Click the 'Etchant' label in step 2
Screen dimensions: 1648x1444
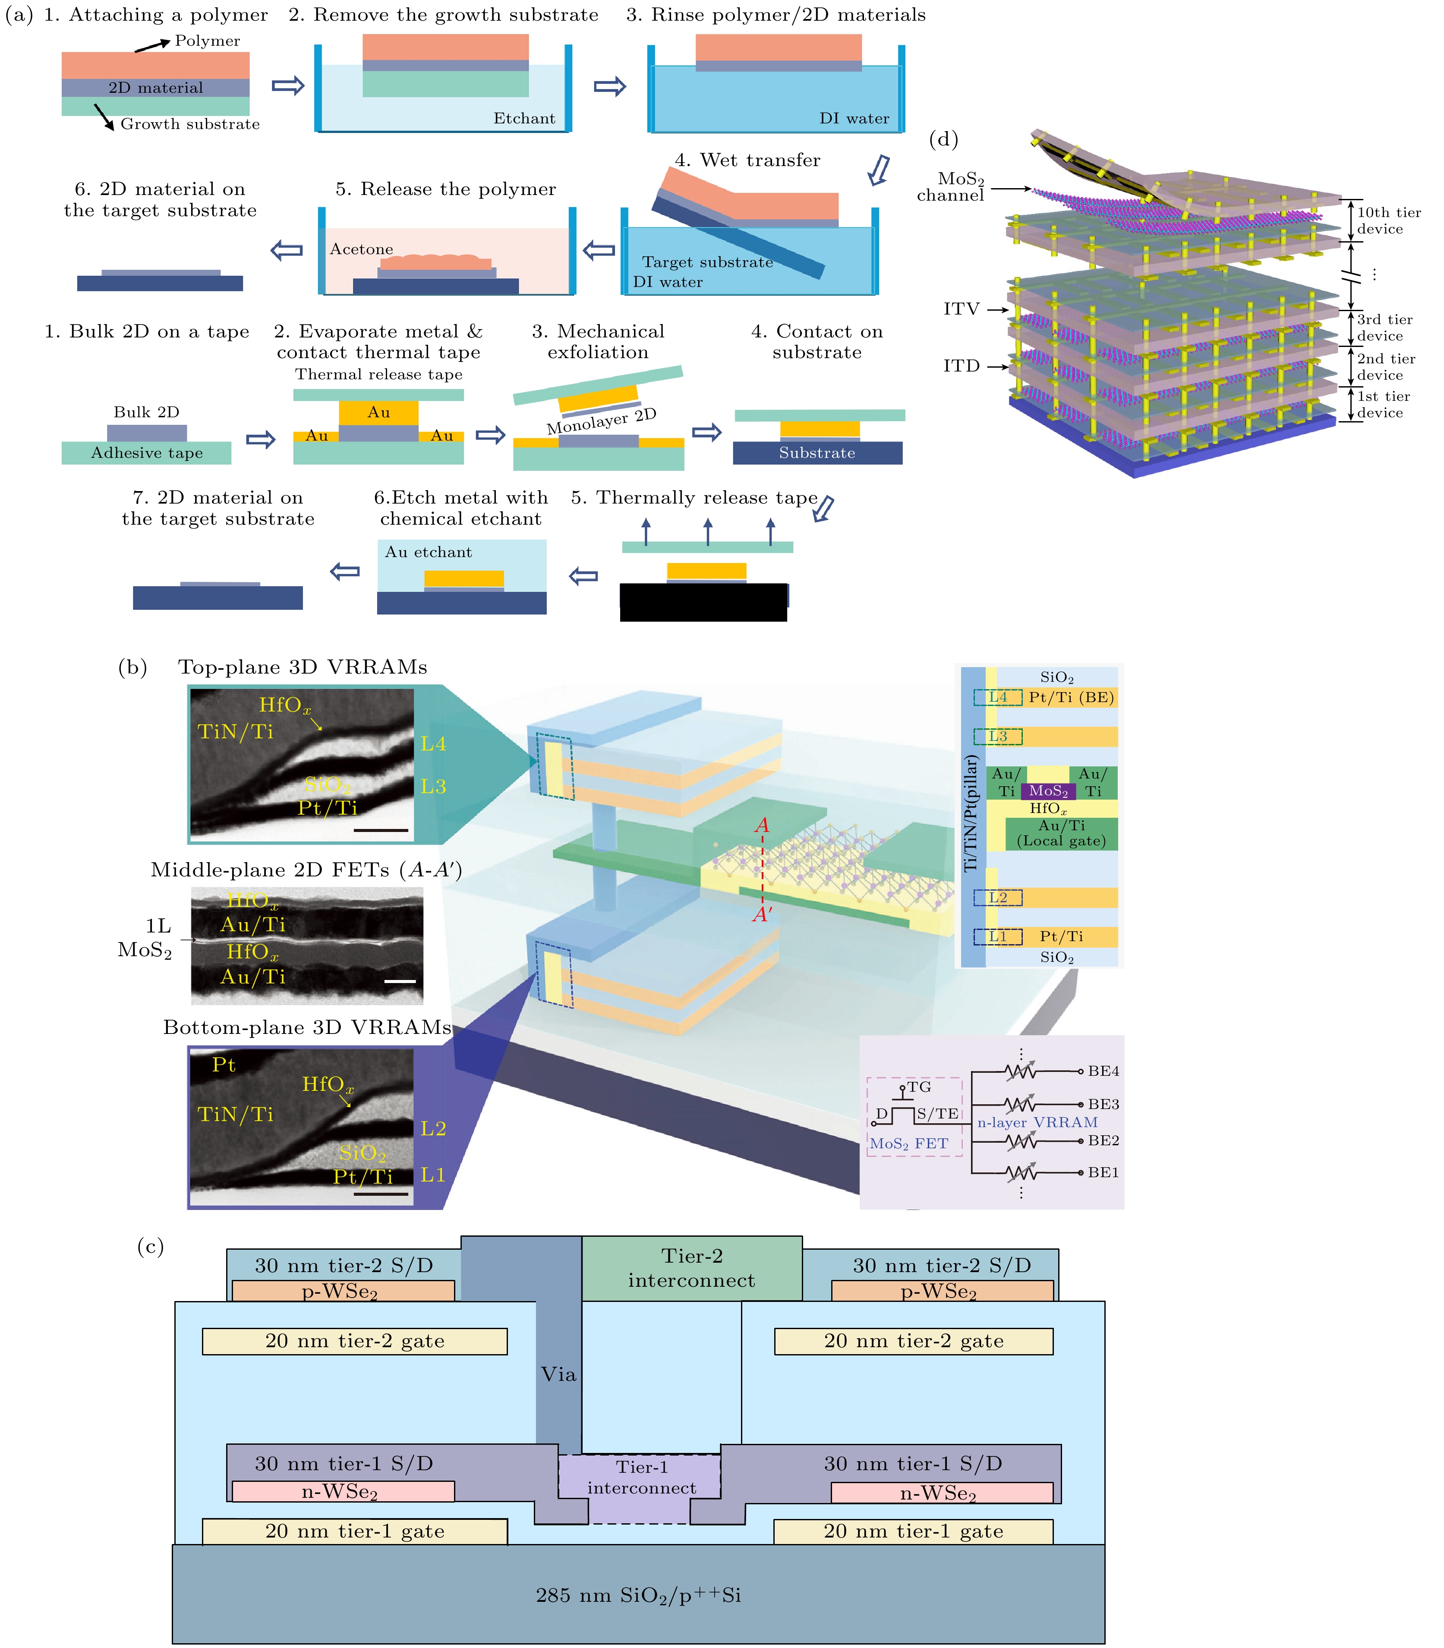tap(524, 119)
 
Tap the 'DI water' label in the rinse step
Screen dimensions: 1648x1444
tap(854, 119)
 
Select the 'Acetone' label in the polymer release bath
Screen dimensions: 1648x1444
tap(361, 249)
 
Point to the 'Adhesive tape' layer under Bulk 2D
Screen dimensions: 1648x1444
tap(147, 453)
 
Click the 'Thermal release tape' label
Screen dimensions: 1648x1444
tap(379, 374)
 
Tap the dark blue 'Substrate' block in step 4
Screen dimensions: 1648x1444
tap(817, 453)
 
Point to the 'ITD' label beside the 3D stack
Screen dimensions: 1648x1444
tap(962, 366)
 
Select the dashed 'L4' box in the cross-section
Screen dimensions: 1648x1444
tap(998, 698)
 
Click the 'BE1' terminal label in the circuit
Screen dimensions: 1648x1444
tap(1103, 1172)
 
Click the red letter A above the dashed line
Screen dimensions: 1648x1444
tap(761, 825)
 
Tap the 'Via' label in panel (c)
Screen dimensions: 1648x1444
tap(558, 1374)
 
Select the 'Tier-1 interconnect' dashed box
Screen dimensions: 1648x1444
tap(640, 1477)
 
